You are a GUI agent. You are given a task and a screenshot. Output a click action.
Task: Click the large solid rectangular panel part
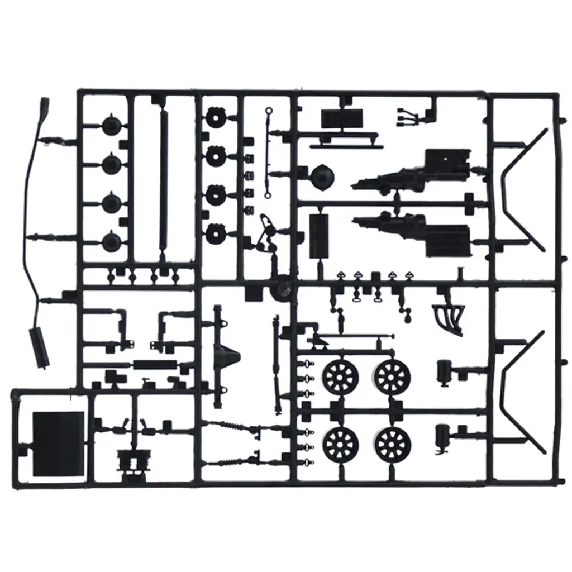58,444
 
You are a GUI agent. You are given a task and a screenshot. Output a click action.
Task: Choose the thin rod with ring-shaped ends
269,152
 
